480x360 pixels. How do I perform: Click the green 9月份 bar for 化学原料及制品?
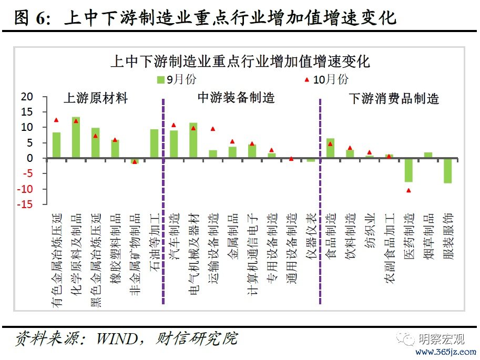pos(76,138)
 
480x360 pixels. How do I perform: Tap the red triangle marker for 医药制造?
pos(408,190)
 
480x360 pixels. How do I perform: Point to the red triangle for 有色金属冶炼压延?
pos(56,120)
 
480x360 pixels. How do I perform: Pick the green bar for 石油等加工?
pos(154,143)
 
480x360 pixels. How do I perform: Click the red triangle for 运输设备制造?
pos(213,129)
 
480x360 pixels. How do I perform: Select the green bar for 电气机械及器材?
pos(193,140)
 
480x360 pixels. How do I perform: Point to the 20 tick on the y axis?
pos(27,97)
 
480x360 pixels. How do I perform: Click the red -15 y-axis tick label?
pos(25,204)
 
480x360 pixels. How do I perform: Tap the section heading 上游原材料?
pos(96,98)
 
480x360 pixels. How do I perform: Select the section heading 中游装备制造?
pos(236,98)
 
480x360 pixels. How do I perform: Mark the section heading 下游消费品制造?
pos(394,98)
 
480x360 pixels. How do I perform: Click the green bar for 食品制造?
pos(330,148)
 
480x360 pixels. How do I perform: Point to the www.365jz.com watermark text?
pos(445,351)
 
